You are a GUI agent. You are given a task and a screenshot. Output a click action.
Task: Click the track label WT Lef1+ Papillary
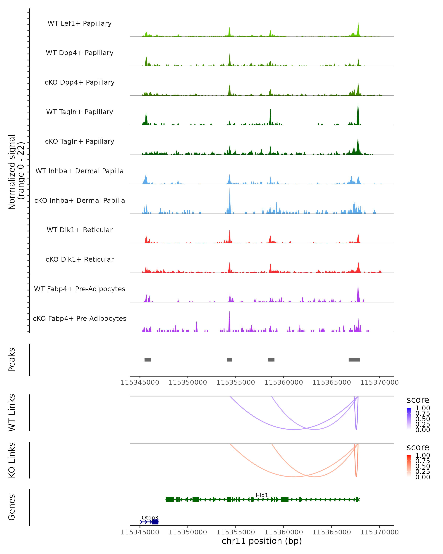click(x=80, y=23)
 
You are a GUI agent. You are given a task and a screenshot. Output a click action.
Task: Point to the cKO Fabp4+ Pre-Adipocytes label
click(x=80, y=318)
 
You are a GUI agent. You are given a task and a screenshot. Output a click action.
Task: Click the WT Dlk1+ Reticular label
click(x=80, y=230)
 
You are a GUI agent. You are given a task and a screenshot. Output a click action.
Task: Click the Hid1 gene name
click(x=262, y=495)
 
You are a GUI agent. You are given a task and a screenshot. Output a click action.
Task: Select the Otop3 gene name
click(x=150, y=517)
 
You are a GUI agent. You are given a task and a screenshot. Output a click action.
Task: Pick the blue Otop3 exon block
click(x=155, y=522)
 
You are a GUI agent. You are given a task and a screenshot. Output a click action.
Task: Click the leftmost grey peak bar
click(x=148, y=360)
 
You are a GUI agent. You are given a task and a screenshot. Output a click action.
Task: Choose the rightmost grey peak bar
click(x=354, y=360)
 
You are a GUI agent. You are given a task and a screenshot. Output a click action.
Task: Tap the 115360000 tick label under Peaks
click(x=284, y=382)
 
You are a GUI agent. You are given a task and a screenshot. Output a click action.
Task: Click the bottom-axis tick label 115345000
click(x=140, y=532)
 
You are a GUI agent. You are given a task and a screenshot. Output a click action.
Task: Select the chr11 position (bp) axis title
click(x=262, y=541)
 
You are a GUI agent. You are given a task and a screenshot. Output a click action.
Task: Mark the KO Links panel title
click(x=12, y=460)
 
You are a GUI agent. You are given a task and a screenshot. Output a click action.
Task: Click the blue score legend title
click(x=418, y=400)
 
